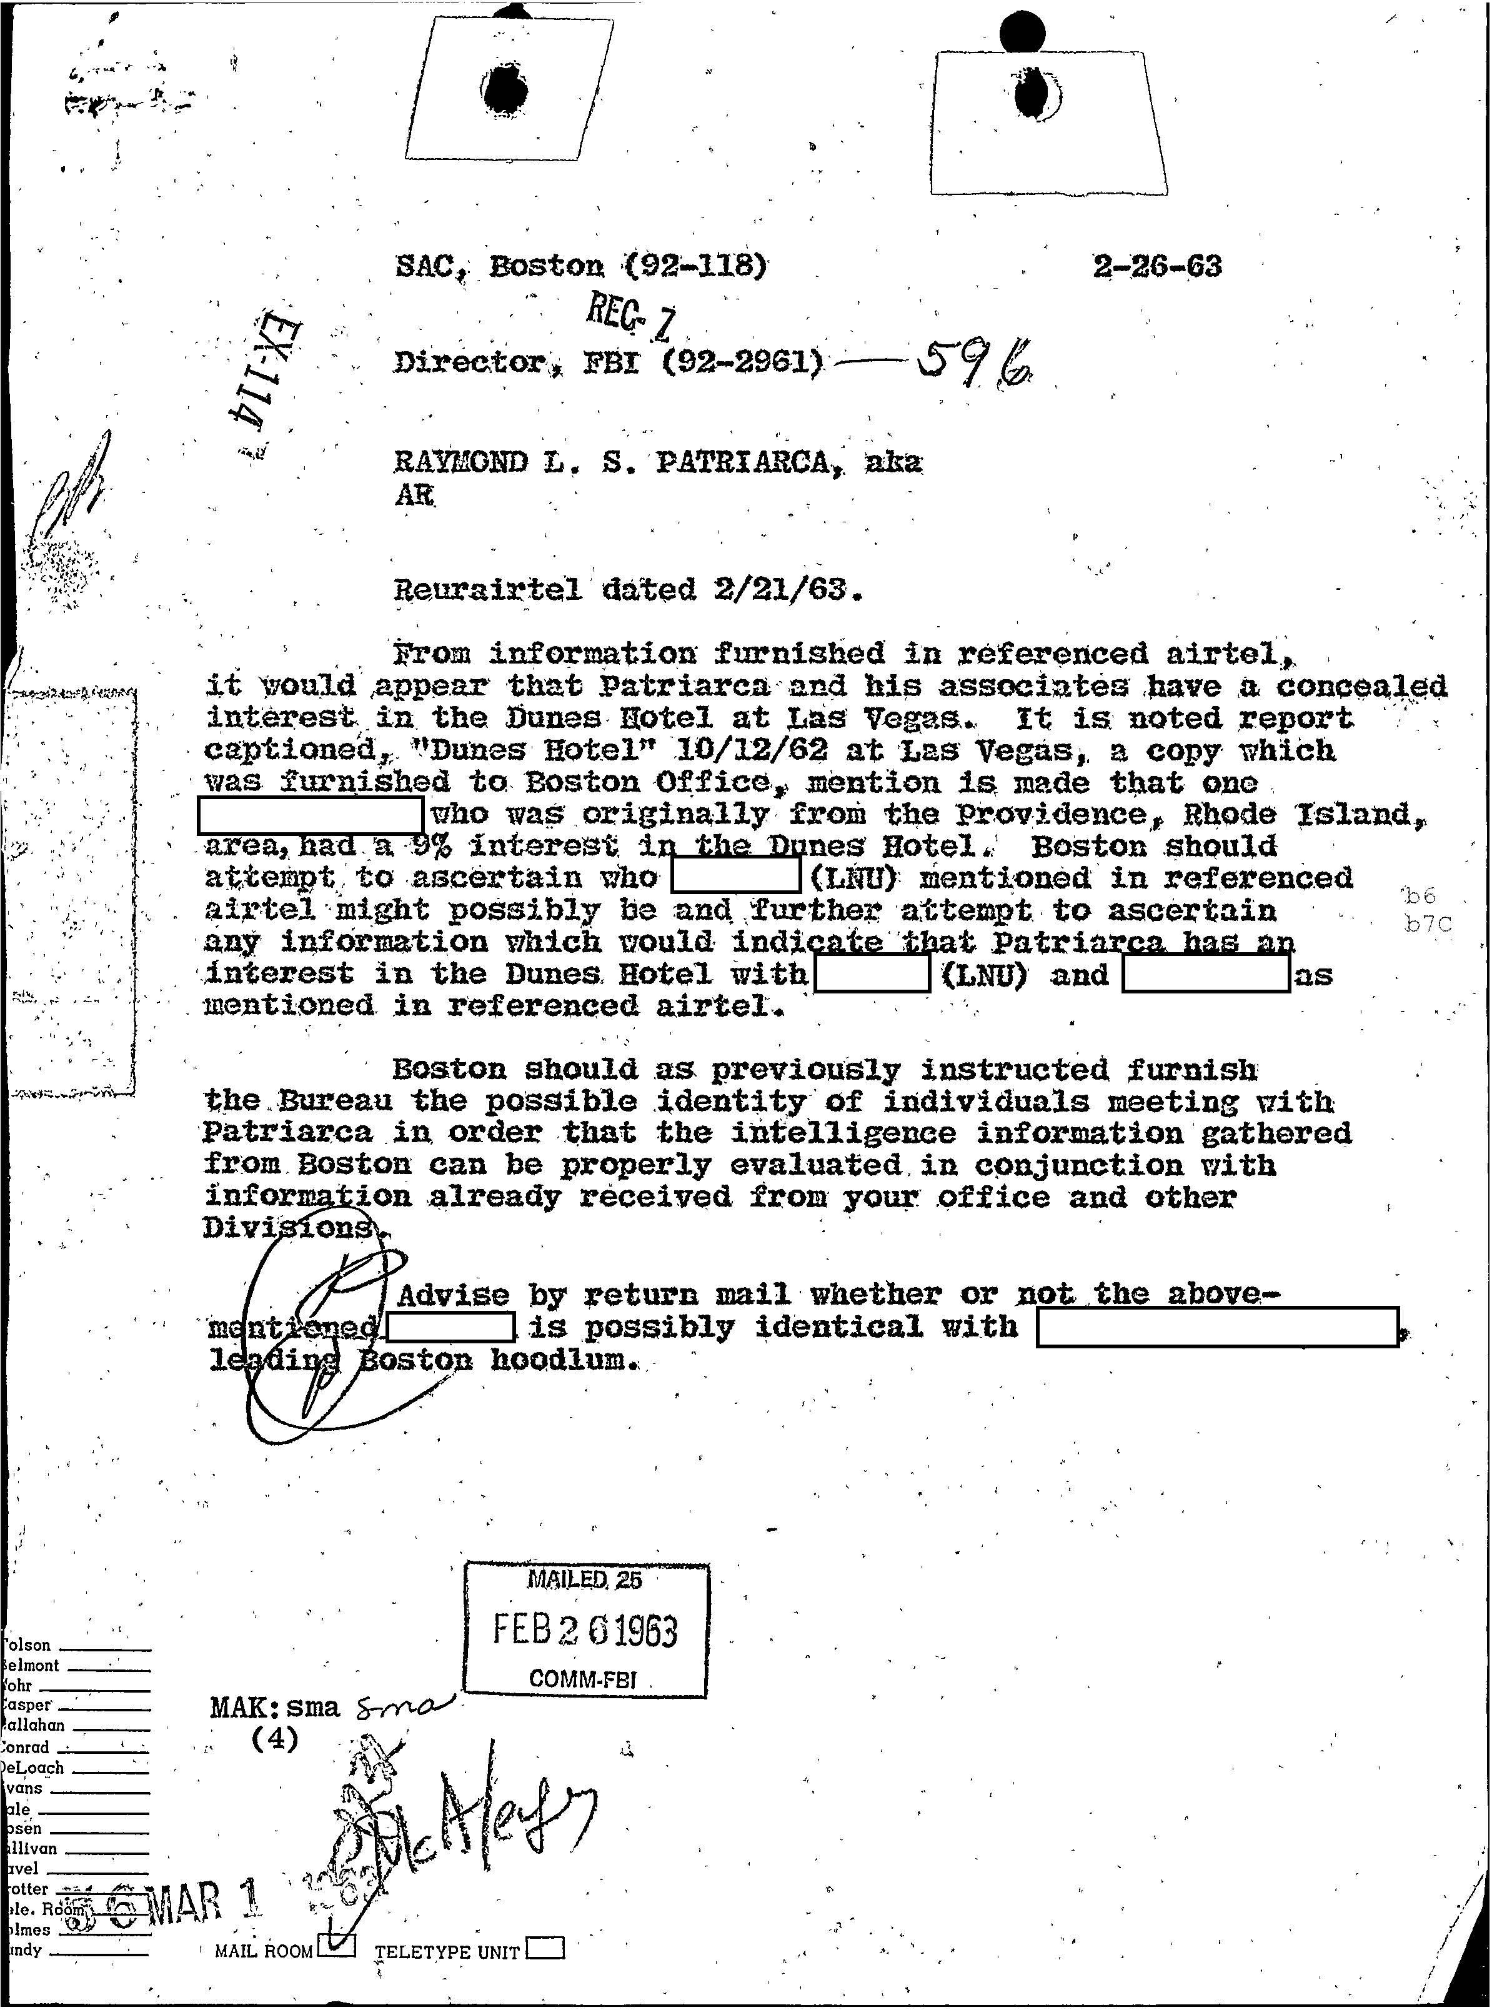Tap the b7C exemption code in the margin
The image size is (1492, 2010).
pyautogui.click(x=1427, y=925)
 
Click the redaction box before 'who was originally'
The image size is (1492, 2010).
pyautogui.click(x=310, y=815)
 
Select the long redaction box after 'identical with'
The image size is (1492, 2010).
pyautogui.click(x=1216, y=1326)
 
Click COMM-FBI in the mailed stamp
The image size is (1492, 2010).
pyautogui.click(x=582, y=1679)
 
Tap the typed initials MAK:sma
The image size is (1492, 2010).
pyautogui.click(x=274, y=1706)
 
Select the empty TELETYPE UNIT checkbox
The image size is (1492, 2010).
pyautogui.click(x=545, y=1949)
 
